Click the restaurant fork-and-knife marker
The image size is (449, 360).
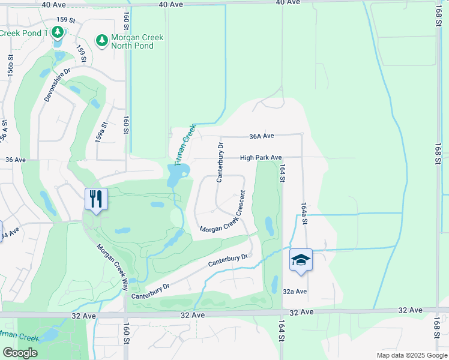click(x=96, y=199)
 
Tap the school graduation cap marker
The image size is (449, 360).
click(x=301, y=260)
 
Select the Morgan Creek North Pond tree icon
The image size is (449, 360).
click(x=102, y=41)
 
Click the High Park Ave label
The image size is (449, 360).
click(x=261, y=158)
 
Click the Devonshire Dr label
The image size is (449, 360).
click(x=57, y=84)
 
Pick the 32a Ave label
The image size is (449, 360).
click(x=295, y=292)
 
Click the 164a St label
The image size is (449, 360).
click(x=304, y=213)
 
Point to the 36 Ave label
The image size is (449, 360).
click(x=16, y=160)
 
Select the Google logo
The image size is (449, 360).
click(x=20, y=353)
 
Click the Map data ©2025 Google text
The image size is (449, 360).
click(x=412, y=355)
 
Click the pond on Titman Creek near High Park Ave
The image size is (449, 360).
click(x=178, y=174)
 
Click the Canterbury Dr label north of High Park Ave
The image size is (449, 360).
click(x=220, y=161)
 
